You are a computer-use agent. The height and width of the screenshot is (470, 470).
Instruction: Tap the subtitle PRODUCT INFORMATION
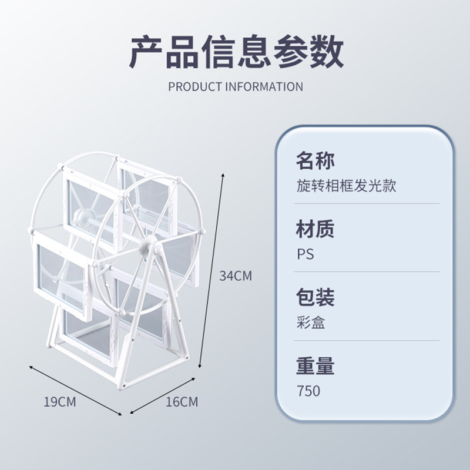tap(236, 87)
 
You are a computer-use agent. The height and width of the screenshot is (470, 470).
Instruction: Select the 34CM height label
tap(235, 276)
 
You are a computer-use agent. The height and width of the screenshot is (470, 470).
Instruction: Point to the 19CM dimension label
tap(60, 402)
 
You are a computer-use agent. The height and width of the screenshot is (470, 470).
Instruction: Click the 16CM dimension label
tap(182, 402)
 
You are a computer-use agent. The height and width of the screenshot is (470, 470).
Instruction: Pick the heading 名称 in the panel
tap(315, 160)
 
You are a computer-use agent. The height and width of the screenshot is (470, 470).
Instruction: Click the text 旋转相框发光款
tap(346, 186)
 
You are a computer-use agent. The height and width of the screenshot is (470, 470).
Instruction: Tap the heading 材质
tap(315, 229)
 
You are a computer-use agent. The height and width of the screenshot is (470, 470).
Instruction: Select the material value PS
tap(305, 254)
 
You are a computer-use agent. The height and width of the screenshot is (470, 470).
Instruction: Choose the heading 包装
tap(315, 297)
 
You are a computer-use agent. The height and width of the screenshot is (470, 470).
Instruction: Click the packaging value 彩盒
tap(311, 323)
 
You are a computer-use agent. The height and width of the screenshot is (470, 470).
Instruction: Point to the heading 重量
tap(315, 366)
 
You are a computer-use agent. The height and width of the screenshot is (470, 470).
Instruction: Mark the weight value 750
tap(308, 391)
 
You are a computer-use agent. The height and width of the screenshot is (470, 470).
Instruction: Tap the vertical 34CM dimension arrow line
tap(212, 270)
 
